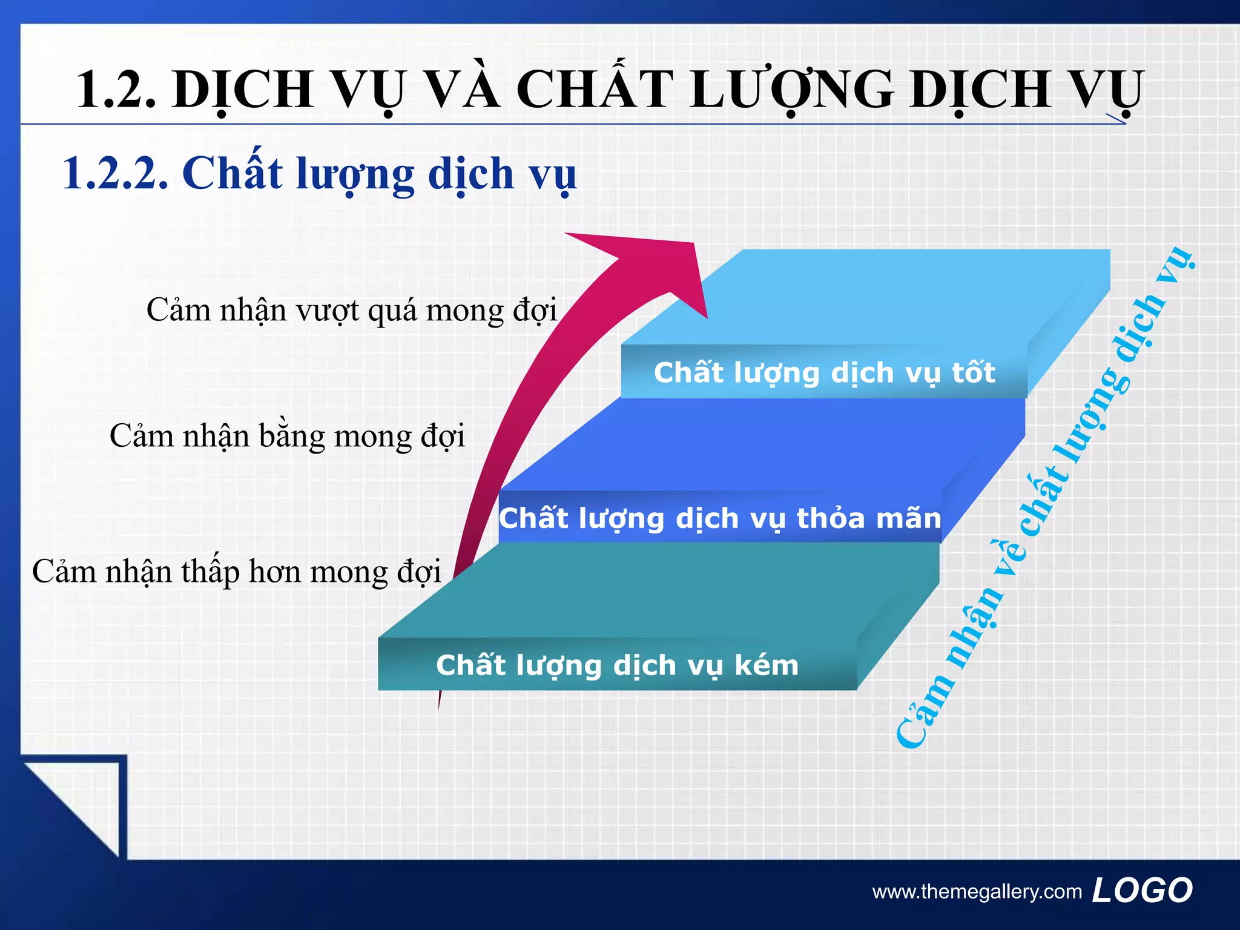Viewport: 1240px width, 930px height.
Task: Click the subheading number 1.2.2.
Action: coord(115,174)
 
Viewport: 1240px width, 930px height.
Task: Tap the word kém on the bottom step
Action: coord(766,665)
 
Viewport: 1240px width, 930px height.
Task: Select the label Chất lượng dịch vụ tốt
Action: coord(823,372)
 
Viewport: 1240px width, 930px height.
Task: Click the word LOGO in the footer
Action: coord(1142,891)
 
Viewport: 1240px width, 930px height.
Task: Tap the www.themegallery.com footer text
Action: coord(976,892)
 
